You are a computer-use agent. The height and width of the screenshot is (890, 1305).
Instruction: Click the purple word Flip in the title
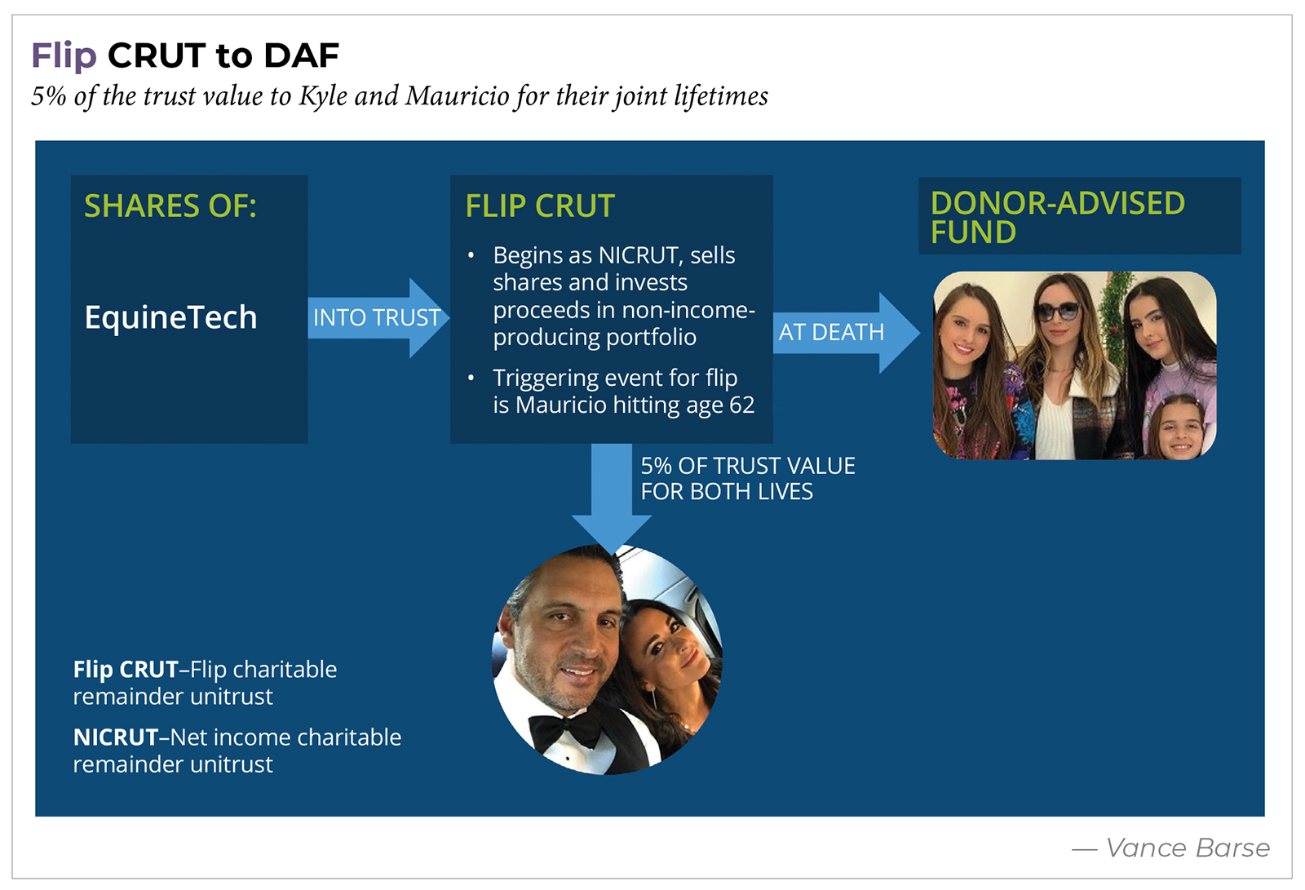(x=64, y=55)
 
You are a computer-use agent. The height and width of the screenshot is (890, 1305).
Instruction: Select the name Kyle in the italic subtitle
(x=323, y=96)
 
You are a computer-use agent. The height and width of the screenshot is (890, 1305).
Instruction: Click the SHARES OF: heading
(x=170, y=206)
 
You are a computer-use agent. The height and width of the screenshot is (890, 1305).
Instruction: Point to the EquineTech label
(x=170, y=317)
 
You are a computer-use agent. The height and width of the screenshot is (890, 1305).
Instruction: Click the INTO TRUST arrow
(x=378, y=317)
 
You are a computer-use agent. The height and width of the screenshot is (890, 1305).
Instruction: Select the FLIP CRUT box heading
(x=540, y=206)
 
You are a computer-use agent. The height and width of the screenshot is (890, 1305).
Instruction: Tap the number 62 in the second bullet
(x=742, y=405)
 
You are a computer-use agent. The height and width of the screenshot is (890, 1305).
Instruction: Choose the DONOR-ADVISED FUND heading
(x=1057, y=217)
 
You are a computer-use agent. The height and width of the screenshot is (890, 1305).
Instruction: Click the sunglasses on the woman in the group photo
(x=1057, y=311)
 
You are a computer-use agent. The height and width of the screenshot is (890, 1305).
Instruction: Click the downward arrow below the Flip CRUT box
(x=611, y=498)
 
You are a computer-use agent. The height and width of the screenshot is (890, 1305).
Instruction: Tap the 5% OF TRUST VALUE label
(x=747, y=466)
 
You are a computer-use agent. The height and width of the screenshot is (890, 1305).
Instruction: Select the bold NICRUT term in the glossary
(x=115, y=737)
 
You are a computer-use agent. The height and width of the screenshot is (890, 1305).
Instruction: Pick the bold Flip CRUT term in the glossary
(x=126, y=670)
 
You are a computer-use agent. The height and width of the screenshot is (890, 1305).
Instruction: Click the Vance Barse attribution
(x=1187, y=848)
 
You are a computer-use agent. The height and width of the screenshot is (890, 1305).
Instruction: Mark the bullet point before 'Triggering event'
(x=471, y=378)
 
